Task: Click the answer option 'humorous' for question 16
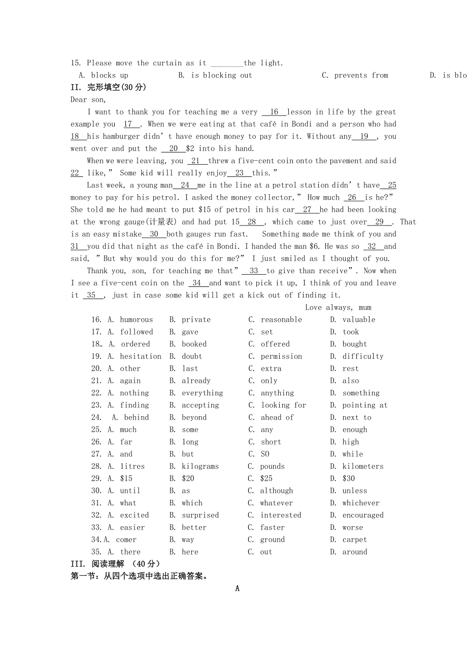(x=136, y=320)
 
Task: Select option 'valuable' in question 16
(x=359, y=320)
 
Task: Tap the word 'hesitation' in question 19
(x=141, y=356)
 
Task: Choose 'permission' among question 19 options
(x=281, y=356)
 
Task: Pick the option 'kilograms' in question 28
(x=200, y=466)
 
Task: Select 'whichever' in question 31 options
(x=361, y=503)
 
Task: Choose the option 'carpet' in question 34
(x=354, y=540)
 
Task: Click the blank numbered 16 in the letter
(x=274, y=112)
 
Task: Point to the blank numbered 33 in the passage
(x=254, y=271)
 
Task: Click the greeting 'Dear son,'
(x=88, y=100)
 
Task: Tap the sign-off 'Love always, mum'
(x=338, y=307)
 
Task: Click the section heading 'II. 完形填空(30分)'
(x=108, y=87)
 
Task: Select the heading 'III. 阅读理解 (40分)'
(x=115, y=564)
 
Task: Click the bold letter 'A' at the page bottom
(x=237, y=589)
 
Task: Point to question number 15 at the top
(x=76, y=63)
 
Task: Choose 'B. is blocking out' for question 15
(x=215, y=76)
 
